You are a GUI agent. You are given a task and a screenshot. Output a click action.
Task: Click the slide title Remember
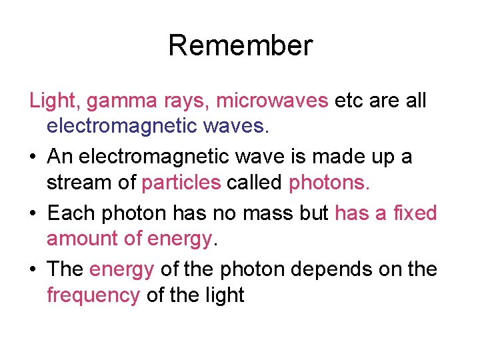[x=240, y=45]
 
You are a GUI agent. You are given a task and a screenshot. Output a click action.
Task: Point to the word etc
[x=349, y=101]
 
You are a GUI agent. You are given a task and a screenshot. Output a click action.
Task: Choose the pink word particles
[x=181, y=182]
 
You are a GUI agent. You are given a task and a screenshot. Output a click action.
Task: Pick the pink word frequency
[x=93, y=295]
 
